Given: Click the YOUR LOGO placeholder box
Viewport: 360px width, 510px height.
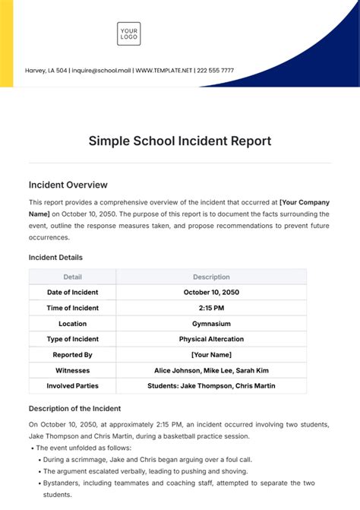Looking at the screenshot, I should pos(129,33).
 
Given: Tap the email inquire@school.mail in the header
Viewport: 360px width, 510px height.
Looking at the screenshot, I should pos(101,71).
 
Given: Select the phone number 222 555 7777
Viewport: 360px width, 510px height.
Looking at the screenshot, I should pos(216,71).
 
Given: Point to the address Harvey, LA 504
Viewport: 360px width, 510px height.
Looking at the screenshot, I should pos(47,71).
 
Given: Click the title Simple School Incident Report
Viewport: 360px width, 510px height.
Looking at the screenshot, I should pos(180,141).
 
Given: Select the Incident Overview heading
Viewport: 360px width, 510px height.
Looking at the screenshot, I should pos(68,185).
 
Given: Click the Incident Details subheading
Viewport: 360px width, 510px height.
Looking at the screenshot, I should pos(55,258).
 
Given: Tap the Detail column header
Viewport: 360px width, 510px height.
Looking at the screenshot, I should pos(73,277).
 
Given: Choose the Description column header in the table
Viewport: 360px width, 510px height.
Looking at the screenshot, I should pos(211,277).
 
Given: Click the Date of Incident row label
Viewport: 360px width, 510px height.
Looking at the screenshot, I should pos(73,292).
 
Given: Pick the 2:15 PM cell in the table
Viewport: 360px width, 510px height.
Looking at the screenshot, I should pos(211,307).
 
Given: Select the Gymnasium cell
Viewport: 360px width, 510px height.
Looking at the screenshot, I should pos(211,323).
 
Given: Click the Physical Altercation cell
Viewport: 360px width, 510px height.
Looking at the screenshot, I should pos(211,339).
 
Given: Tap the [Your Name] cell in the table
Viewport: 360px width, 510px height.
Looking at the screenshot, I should pos(211,354).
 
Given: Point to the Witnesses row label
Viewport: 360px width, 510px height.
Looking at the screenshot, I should pos(73,370).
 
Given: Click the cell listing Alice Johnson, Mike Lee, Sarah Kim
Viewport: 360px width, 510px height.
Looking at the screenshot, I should pos(211,370).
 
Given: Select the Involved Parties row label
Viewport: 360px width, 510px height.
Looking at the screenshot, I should pos(73,386).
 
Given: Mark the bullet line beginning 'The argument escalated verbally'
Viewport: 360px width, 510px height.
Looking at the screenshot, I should pos(152,470).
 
